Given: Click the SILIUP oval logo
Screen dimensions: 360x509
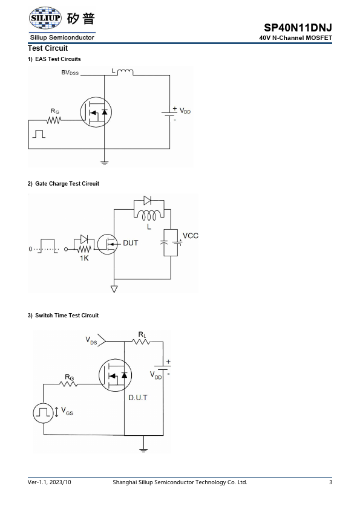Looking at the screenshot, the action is (x=45, y=18).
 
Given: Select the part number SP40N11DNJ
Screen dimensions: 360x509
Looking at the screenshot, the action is (x=298, y=28).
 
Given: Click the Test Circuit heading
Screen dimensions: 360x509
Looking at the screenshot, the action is (x=48, y=48).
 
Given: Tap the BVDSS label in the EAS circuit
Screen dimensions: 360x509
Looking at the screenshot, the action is (x=70, y=73).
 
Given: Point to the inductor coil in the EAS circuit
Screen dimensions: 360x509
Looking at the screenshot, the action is (x=125, y=72).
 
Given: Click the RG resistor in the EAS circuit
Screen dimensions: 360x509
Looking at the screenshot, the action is (x=54, y=120).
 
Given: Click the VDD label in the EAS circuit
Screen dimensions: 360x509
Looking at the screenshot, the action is (x=185, y=111).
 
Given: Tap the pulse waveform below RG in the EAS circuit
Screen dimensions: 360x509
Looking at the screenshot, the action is (x=39, y=134).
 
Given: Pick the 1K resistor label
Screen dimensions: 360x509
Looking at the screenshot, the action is (x=84, y=258).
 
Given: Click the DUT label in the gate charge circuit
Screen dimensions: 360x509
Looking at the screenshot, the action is (x=131, y=243).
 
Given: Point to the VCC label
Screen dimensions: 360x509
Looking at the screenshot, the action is (x=191, y=236).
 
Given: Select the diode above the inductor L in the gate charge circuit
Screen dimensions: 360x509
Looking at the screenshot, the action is (x=147, y=201).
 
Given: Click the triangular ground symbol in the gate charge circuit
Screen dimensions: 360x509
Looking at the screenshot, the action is (x=114, y=288).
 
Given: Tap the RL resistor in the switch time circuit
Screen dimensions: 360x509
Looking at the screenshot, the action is (x=141, y=342).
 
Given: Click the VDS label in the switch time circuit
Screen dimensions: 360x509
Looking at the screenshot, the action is (x=91, y=340).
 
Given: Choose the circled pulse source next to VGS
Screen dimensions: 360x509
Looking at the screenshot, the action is (x=43, y=413).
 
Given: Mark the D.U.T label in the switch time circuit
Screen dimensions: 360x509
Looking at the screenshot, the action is (x=138, y=398).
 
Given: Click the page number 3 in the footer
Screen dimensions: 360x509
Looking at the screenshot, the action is (x=330, y=482).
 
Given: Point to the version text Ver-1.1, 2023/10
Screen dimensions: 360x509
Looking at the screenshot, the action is (x=50, y=482).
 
